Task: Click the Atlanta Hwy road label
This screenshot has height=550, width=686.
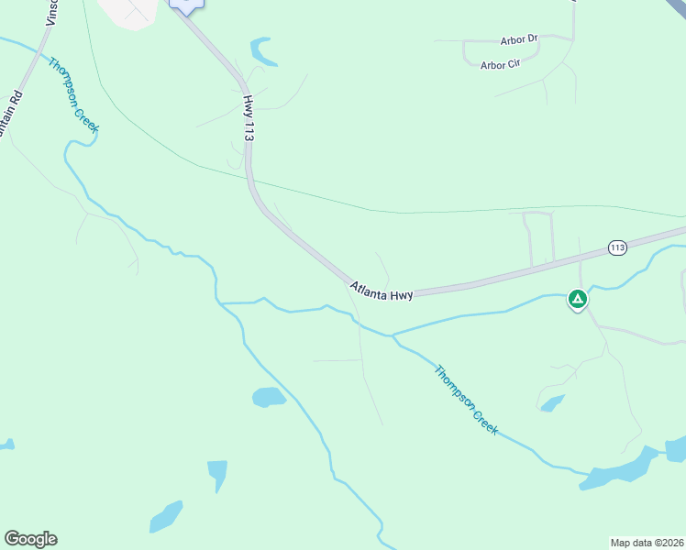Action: pos(382,291)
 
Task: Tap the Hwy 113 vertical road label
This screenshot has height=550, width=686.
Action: pos(248,117)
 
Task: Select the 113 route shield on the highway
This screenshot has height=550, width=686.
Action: pos(616,247)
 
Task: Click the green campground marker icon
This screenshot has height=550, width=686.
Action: pos(577,299)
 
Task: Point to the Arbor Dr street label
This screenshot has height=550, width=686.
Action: pos(519,40)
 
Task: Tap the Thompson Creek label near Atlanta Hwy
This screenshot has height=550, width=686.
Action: pos(466,401)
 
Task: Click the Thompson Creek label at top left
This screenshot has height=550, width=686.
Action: pos(73,95)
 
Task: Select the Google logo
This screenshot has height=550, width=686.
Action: pos(30,539)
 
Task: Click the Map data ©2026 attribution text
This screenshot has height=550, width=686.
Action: pos(647,542)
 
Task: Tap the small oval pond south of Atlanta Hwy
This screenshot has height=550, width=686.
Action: pos(269,397)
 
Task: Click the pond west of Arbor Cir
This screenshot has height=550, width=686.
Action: pos(264,51)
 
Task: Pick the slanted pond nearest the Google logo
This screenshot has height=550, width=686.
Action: pos(166,517)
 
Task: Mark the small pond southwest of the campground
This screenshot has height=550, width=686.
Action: pos(552,403)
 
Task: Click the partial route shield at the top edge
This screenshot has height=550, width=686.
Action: pos(186,5)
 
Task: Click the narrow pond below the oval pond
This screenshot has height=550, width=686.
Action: pos(217,475)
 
